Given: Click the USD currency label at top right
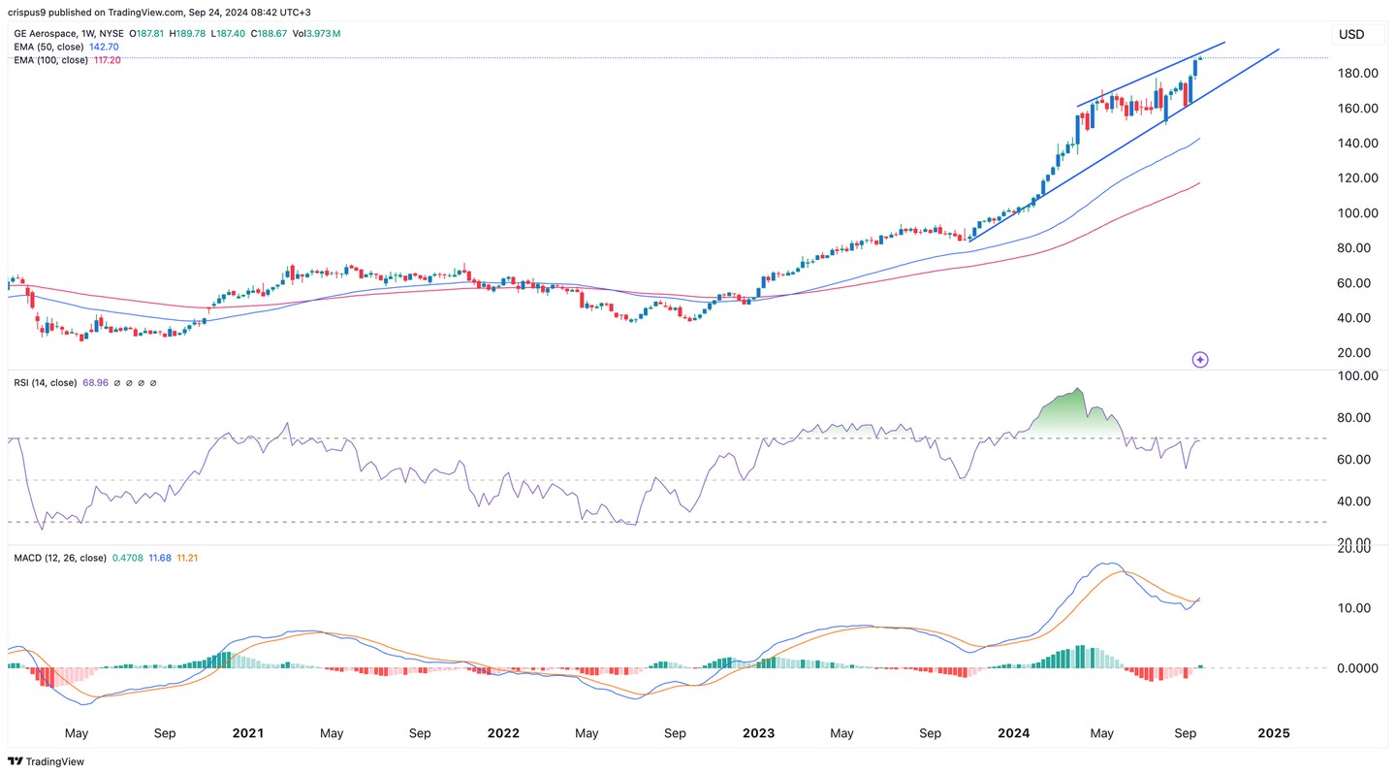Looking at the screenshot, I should (x=1350, y=35).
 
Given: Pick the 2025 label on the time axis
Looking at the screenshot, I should (x=1273, y=733).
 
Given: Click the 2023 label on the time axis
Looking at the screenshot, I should (x=760, y=733).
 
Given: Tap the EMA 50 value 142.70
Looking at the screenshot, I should (x=110, y=47).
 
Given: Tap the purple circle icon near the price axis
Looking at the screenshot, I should (x=1200, y=360).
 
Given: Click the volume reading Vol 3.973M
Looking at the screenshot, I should (x=319, y=34).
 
